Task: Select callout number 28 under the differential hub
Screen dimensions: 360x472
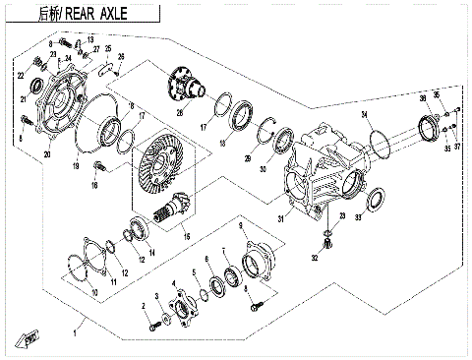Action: pos(180,112)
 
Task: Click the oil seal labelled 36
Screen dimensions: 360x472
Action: pos(429,126)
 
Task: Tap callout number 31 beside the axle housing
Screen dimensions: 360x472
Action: pos(280,217)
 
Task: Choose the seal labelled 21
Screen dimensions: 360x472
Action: pos(38,86)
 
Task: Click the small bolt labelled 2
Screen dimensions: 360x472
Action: pos(154,320)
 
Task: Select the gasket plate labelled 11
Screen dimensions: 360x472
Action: pos(93,253)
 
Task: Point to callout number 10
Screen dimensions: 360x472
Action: pos(94,293)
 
